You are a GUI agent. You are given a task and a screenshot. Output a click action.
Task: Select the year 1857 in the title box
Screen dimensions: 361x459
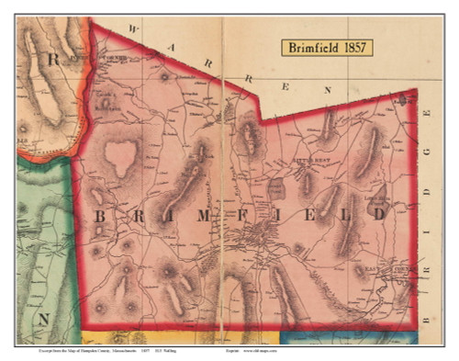(x=354, y=48)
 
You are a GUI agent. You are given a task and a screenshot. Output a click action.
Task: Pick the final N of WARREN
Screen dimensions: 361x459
(x=328, y=90)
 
